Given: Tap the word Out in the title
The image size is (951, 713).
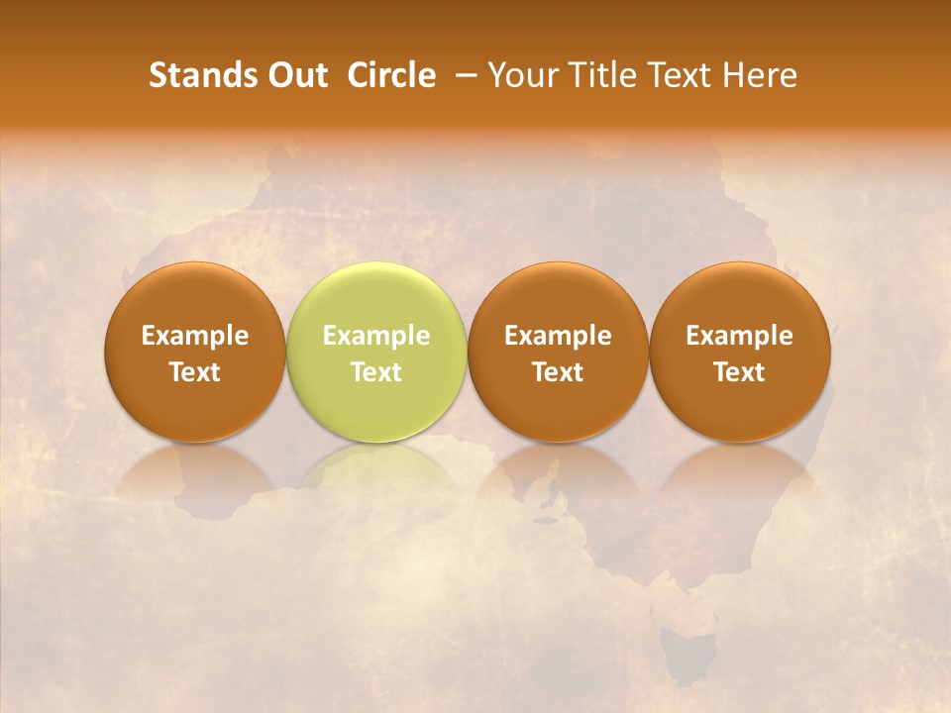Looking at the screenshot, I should (x=295, y=75).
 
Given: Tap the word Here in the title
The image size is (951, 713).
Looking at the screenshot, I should (x=759, y=75).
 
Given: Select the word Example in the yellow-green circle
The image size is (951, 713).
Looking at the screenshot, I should (x=376, y=336).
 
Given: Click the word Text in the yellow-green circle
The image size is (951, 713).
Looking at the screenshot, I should (x=376, y=372).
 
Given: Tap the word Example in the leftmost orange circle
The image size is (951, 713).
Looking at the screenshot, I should (x=195, y=336).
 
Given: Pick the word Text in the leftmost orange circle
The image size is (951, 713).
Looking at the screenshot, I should (x=195, y=372).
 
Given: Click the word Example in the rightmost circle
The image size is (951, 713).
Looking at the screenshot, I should (x=740, y=336).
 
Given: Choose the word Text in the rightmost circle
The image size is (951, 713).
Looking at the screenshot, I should (x=740, y=372).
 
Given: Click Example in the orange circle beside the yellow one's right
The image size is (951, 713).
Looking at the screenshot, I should (x=558, y=336).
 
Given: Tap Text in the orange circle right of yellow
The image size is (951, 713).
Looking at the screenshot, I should (x=558, y=372).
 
